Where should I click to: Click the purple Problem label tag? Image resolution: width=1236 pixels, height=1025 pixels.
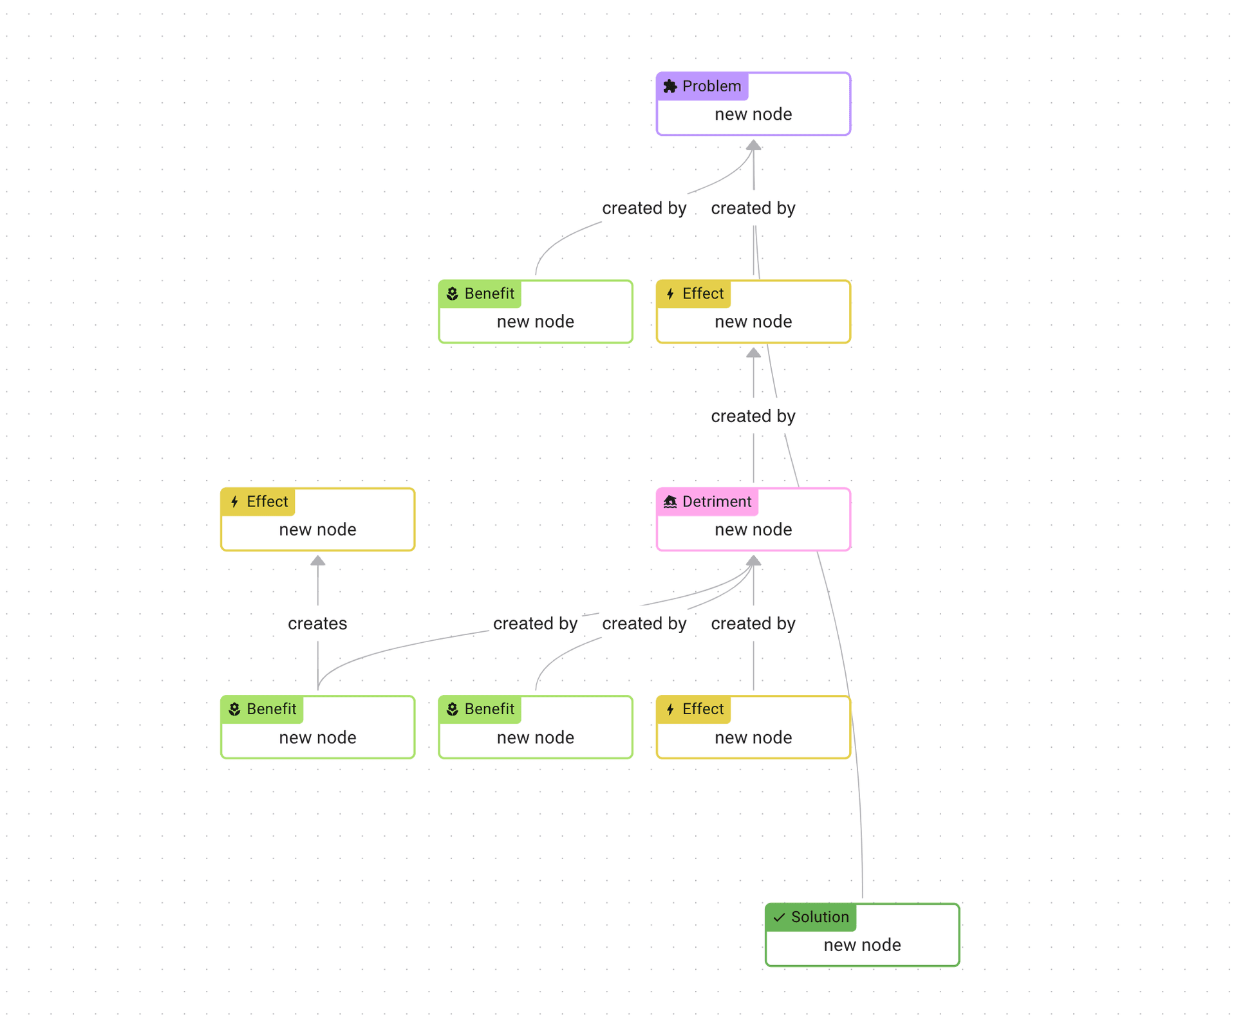(x=702, y=86)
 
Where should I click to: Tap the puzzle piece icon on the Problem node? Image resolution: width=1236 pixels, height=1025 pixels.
(x=670, y=86)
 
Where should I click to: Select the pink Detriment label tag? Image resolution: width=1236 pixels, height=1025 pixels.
(x=707, y=502)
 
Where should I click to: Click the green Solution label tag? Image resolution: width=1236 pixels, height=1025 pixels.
(x=810, y=917)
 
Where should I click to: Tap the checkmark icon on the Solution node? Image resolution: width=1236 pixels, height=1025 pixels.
(x=779, y=917)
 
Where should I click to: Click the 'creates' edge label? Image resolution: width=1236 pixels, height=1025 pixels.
(x=317, y=623)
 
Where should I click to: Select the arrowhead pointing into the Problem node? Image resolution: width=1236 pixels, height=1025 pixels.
(x=753, y=145)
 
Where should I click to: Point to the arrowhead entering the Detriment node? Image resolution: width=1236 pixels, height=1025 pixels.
(x=753, y=561)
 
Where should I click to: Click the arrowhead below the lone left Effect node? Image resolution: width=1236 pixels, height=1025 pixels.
(x=317, y=561)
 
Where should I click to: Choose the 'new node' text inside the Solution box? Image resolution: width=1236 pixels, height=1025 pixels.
(x=862, y=945)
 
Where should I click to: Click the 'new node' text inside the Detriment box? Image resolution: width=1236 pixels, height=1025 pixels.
(x=753, y=530)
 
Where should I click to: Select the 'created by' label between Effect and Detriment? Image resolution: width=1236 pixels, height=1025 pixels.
(x=753, y=416)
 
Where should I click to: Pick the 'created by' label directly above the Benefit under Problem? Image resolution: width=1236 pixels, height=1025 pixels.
(x=644, y=208)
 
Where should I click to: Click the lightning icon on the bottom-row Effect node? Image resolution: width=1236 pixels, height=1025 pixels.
(x=670, y=709)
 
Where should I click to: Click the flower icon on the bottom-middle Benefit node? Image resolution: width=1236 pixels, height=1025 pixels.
(x=453, y=709)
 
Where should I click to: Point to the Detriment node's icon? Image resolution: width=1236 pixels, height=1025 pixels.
(x=670, y=502)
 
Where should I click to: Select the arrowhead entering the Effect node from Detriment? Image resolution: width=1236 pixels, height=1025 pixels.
(x=753, y=353)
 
